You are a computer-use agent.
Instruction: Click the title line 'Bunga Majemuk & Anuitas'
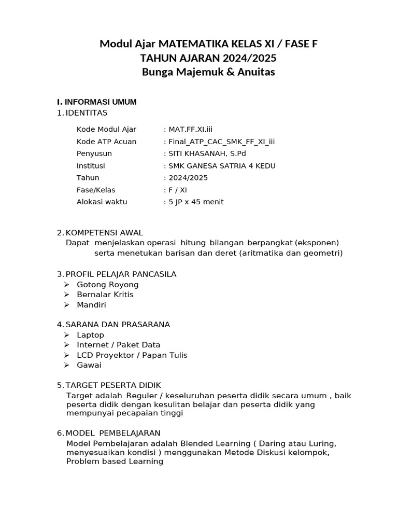208,72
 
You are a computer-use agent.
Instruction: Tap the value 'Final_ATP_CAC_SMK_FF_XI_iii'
221,142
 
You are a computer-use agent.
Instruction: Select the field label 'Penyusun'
94,153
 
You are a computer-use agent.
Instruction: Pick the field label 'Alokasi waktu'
102,202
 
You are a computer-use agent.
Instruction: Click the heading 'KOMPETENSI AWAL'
104,232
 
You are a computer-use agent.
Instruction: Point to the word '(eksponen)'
317,243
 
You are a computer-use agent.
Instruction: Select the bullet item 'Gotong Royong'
108,285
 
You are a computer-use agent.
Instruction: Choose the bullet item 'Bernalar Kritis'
105,295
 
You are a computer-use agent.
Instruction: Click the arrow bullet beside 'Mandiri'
67,305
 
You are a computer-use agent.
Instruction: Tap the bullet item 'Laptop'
91,335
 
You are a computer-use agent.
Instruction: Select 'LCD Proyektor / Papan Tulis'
132,355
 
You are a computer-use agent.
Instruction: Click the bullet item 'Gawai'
89,365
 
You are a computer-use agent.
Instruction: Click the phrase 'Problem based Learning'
115,462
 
